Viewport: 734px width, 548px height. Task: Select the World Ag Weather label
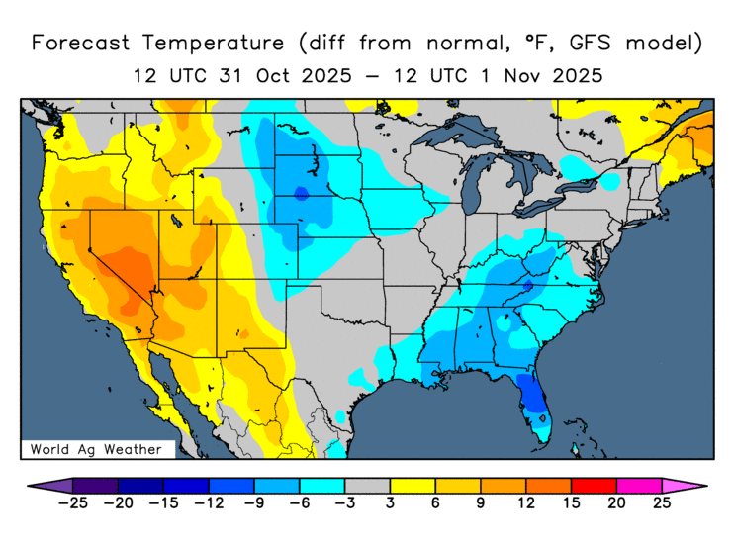point(96,449)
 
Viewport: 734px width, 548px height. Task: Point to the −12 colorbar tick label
point(208,503)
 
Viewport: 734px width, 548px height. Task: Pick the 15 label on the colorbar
point(571,503)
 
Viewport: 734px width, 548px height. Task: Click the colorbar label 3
point(390,503)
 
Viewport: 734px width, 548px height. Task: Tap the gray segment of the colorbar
point(367,486)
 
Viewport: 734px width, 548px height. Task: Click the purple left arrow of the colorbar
point(40,486)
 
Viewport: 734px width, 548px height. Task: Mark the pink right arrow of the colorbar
point(694,486)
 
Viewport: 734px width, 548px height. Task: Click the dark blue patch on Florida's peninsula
point(532,397)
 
